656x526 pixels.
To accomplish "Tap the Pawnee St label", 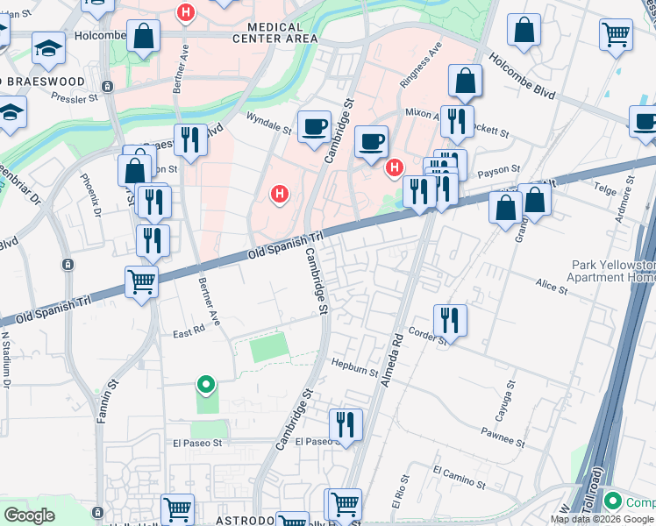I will [x=502, y=436].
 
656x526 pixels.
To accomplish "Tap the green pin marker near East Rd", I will [x=205, y=385].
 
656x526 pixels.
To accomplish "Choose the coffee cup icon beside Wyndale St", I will [x=314, y=126].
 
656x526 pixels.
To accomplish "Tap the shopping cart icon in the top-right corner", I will [x=616, y=35].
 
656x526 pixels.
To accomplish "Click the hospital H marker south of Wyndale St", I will [x=280, y=193].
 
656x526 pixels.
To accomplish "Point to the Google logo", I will [x=29, y=515].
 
